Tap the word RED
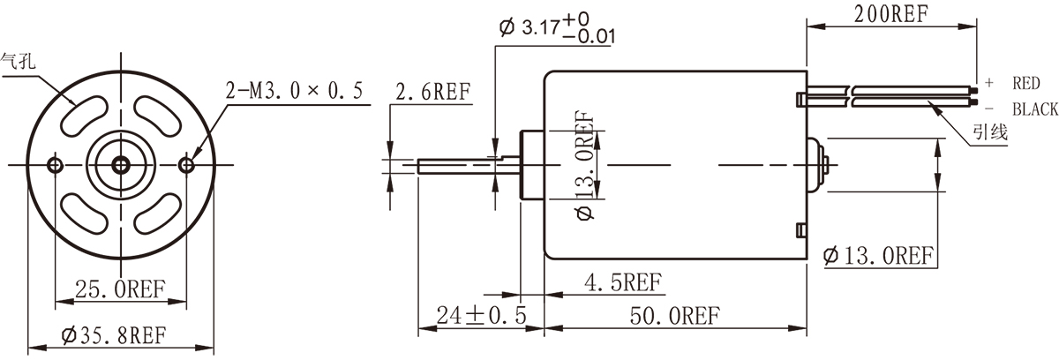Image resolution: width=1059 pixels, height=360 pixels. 1026,84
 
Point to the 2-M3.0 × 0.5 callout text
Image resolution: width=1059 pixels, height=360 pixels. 295,92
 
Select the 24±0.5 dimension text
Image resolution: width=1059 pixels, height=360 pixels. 480,315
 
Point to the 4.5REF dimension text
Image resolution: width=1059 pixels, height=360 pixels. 624,282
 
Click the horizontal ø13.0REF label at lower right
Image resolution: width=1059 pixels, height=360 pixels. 877,257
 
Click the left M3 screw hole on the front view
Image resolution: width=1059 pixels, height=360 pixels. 56,165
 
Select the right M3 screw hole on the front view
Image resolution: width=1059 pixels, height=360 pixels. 186,165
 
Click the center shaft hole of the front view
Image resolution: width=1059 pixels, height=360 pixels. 121,165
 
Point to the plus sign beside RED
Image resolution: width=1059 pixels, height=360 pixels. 989,83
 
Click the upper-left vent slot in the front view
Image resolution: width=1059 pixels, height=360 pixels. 81,113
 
